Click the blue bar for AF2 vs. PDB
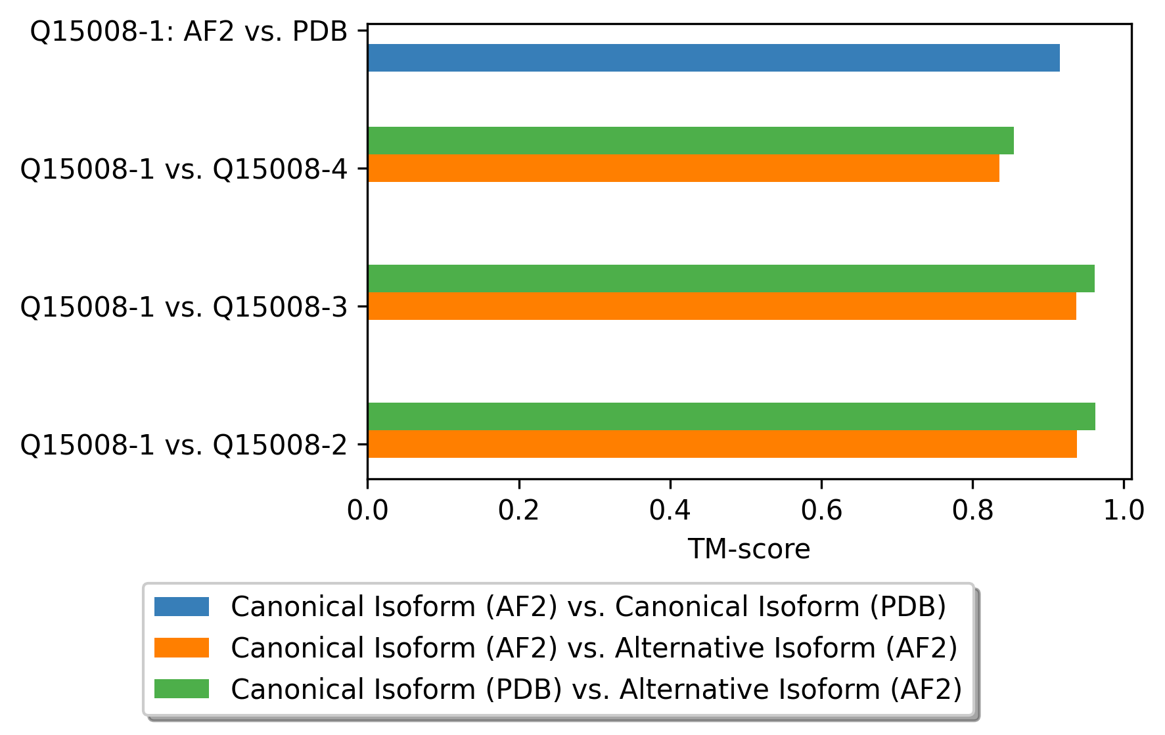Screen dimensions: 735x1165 (x=713, y=58)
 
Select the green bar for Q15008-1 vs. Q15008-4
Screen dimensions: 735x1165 (x=690, y=141)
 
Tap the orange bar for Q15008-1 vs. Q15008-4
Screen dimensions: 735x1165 (x=683, y=168)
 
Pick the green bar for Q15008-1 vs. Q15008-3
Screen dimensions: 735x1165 (x=731, y=278)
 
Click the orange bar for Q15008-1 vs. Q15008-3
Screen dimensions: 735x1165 (x=721, y=306)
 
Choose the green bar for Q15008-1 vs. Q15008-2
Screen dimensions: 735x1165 (x=731, y=416)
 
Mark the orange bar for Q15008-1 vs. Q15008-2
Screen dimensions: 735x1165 (x=721, y=444)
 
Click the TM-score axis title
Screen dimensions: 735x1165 (x=748, y=549)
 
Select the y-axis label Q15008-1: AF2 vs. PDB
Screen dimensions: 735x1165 (x=189, y=31)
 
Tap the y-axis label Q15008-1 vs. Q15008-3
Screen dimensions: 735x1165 (x=183, y=307)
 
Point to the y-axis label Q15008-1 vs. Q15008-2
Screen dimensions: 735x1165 (x=183, y=445)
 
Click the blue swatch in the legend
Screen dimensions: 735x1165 (x=181, y=606)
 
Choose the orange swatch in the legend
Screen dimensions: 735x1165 (x=181, y=648)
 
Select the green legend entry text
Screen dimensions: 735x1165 (x=596, y=689)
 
